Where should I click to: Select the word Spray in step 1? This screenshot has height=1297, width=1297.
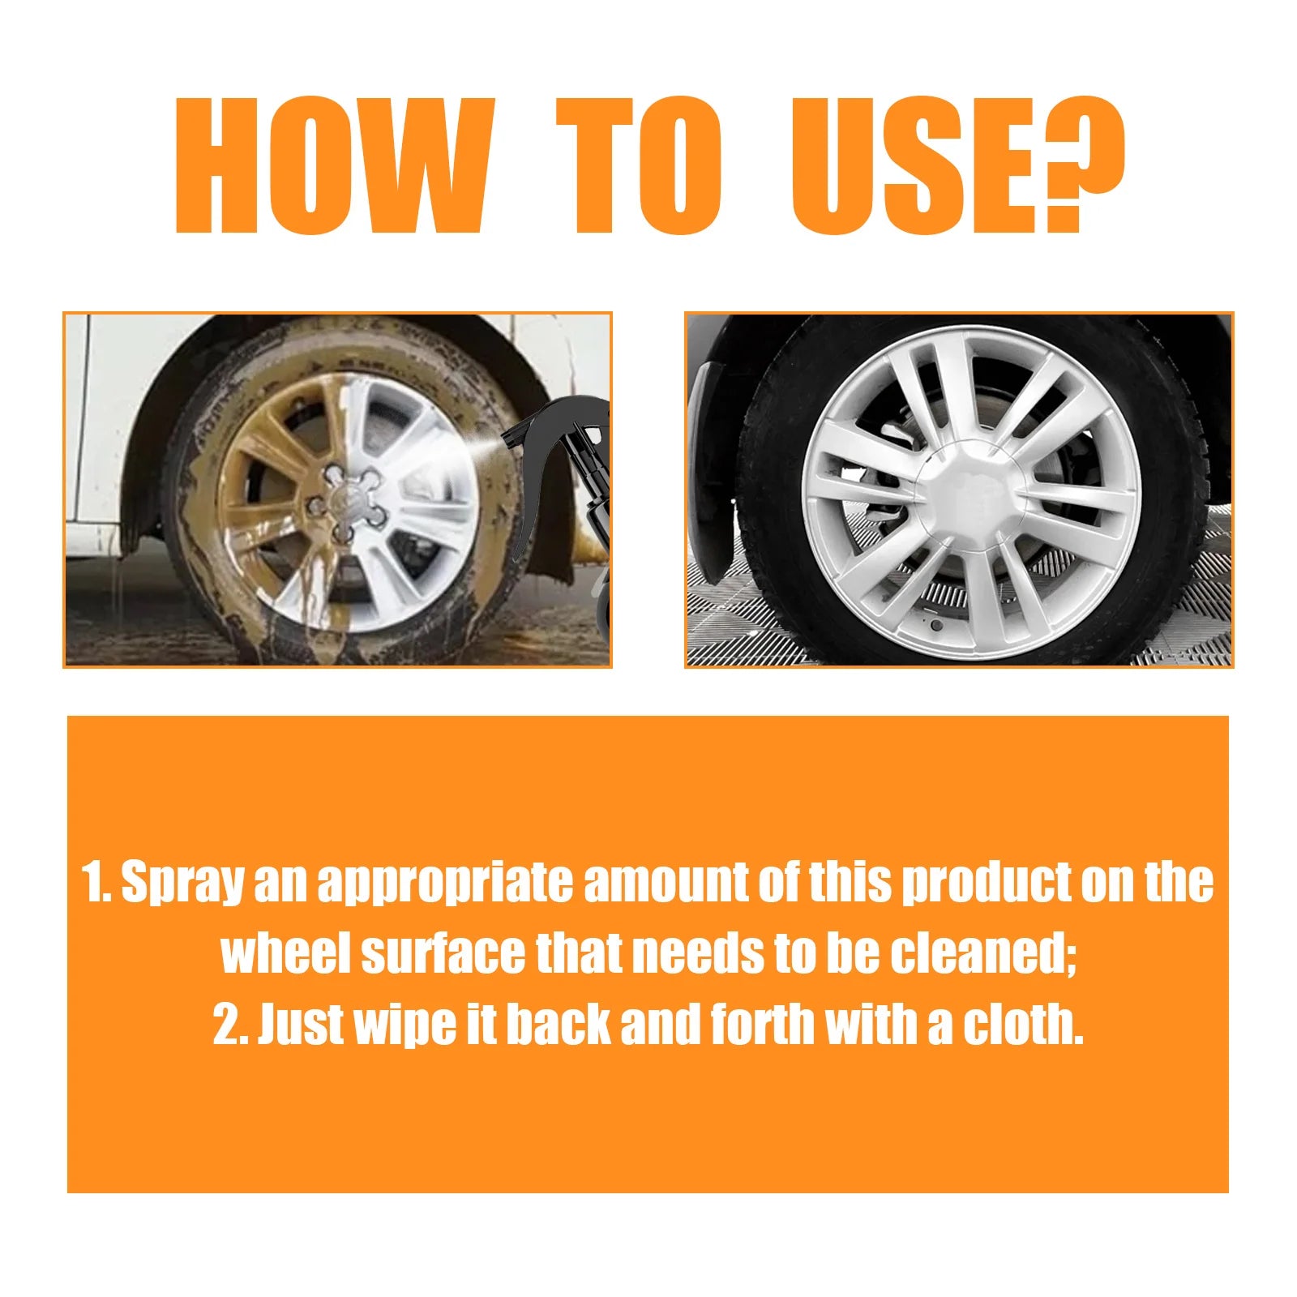pyautogui.click(x=182, y=884)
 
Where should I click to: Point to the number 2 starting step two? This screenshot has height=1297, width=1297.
pyautogui.click(x=226, y=1025)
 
